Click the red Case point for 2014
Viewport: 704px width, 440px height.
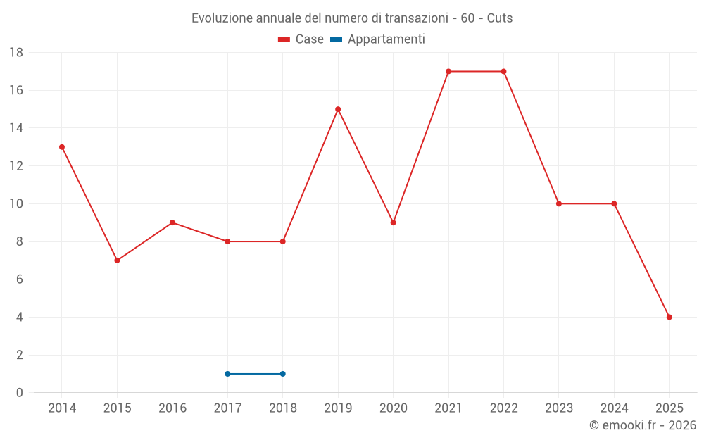click(62, 147)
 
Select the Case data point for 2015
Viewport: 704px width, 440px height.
click(117, 260)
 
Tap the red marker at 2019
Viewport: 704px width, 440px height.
click(338, 109)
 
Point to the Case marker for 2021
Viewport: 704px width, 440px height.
click(448, 71)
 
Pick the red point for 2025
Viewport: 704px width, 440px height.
click(669, 317)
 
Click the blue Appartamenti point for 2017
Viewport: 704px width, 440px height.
click(227, 374)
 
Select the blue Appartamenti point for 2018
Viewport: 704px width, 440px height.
click(282, 374)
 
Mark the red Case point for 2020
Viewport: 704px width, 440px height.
click(393, 222)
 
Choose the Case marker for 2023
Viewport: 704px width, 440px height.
click(559, 203)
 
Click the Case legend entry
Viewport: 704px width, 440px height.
click(301, 39)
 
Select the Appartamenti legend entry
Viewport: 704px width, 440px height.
click(378, 39)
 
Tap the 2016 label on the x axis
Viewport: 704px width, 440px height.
click(172, 408)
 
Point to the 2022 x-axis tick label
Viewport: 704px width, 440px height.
click(503, 408)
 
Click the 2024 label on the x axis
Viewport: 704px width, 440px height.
click(614, 408)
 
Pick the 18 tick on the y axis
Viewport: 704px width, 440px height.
click(16, 53)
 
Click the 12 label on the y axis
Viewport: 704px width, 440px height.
click(16, 166)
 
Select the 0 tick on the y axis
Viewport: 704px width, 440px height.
click(20, 393)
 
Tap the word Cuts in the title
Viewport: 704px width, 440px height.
click(500, 18)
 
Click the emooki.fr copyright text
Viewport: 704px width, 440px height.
click(642, 425)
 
